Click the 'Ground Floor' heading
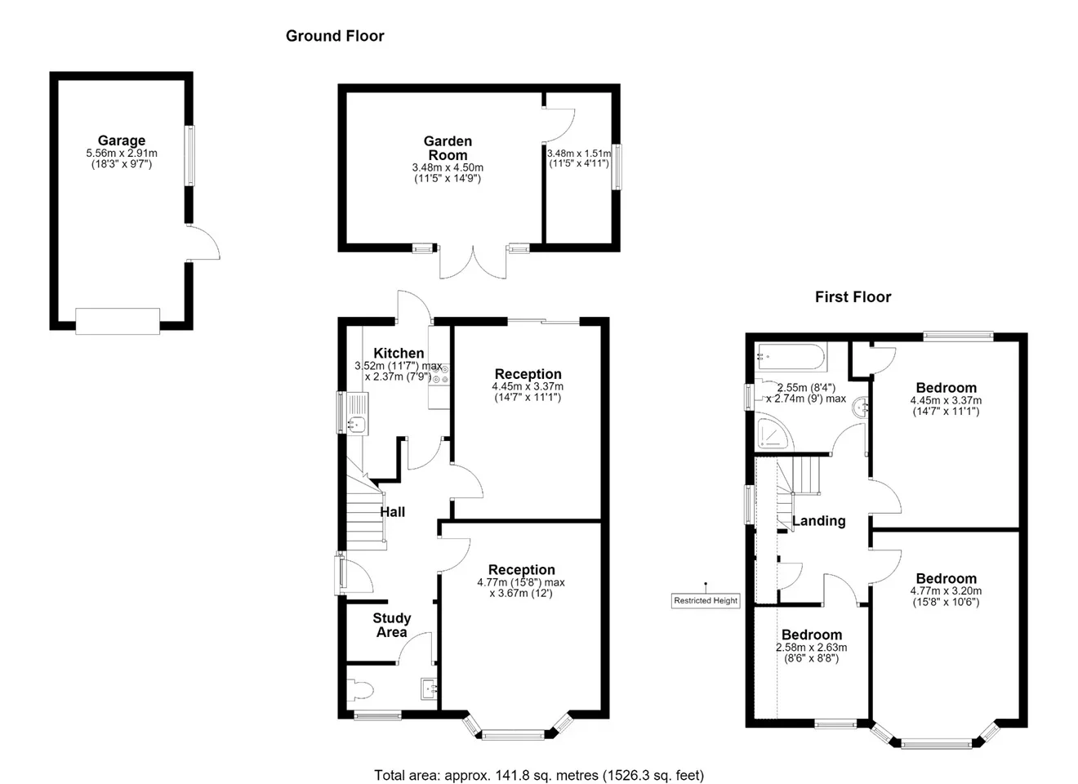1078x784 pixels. tap(335, 36)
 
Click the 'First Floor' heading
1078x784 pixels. tap(853, 297)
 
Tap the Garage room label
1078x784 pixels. tap(121, 140)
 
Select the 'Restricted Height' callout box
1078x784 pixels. tap(706, 600)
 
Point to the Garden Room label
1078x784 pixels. tap(448, 149)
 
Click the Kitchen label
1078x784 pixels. tap(399, 353)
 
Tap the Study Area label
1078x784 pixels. tap(392, 626)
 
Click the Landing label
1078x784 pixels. tap(819, 521)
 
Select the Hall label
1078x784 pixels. tap(392, 512)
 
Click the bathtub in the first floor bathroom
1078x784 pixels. tap(791, 357)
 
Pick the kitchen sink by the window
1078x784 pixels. tap(354, 414)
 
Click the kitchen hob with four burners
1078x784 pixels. tap(440, 374)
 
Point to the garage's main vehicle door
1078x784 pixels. tap(118, 321)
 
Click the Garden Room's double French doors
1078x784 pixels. tap(473, 262)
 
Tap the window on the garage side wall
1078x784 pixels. tap(190, 156)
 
